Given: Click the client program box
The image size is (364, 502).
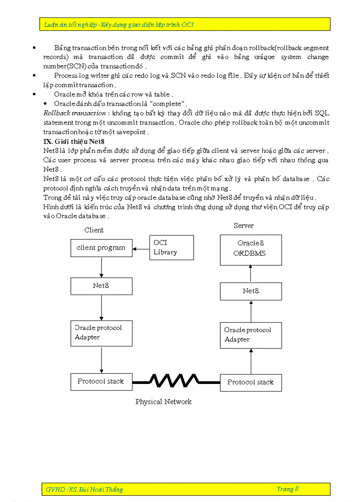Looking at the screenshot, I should point(101,248).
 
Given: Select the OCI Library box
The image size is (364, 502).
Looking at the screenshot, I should point(171,248).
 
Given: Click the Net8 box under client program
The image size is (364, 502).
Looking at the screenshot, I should point(101,286).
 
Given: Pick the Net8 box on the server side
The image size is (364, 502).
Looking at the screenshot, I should point(251,291).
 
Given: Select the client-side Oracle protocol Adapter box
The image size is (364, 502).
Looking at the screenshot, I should point(101,333).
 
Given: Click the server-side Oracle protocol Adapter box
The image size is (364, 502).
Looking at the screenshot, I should point(251,335).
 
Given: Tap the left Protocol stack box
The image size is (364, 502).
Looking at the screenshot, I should point(101,382).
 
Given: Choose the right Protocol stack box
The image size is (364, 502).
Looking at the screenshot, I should point(251,382).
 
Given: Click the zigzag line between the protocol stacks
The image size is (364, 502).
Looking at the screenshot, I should point(176,381).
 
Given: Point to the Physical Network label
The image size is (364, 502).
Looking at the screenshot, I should point(163,402).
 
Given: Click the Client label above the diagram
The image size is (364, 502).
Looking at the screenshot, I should point(94,230).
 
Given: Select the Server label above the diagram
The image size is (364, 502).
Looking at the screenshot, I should point(244,226).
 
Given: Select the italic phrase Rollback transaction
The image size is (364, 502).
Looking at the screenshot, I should point(74,113).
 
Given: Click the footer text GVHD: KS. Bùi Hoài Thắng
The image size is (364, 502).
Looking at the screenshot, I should point(84,489).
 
